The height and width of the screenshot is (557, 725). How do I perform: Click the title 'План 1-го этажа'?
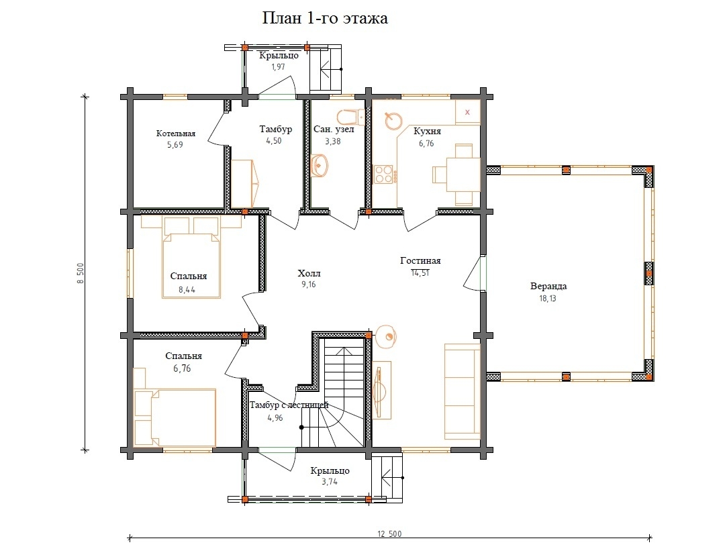click(x=325, y=18)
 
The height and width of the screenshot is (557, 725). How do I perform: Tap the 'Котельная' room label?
click(x=176, y=134)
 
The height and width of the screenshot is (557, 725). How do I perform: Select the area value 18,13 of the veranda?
click(x=548, y=298)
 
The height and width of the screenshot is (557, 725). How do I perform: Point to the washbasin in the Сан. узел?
click(x=320, y=166)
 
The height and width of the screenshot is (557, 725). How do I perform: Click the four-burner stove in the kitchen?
click(x=383, y=174)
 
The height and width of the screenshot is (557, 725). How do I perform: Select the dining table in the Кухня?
click(x=463, y=174)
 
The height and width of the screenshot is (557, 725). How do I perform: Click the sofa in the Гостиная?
click(x=463, y=391)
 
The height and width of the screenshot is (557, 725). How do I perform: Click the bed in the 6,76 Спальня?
click(x=175, y=417)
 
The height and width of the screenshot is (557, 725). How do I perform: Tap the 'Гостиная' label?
click(x=420, y=260)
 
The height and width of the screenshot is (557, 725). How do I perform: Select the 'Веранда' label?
click(x=548, y=286)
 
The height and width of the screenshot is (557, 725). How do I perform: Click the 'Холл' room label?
click(x=309, y=273)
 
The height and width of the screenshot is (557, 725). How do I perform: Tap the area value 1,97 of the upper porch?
click(x=279, y=66)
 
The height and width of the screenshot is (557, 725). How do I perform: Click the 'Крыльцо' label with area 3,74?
click(x=330, y=470)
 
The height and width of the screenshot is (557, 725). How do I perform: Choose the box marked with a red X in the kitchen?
click(x=467, y=112)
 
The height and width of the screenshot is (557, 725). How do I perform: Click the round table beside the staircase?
click(x=385, y=336)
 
